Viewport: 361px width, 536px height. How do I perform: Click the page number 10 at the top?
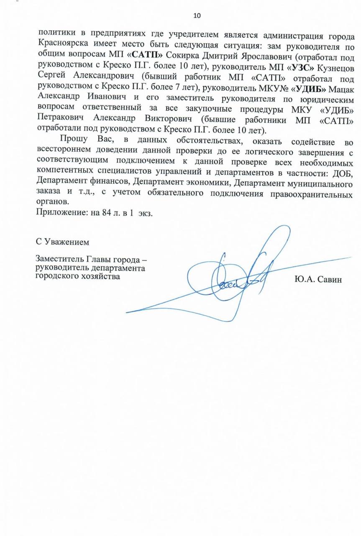pyautogui.click(x=197, y=16)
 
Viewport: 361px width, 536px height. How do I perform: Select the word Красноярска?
pyautogui.click(x=62, y=43)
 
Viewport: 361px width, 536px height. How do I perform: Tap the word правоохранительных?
pyautogui.click(x=312, y=195)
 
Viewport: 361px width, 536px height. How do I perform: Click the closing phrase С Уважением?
pyautogui.click(x=62, y=242)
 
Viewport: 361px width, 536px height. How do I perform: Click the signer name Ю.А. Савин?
pyautogui.click(x=318, y=279)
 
